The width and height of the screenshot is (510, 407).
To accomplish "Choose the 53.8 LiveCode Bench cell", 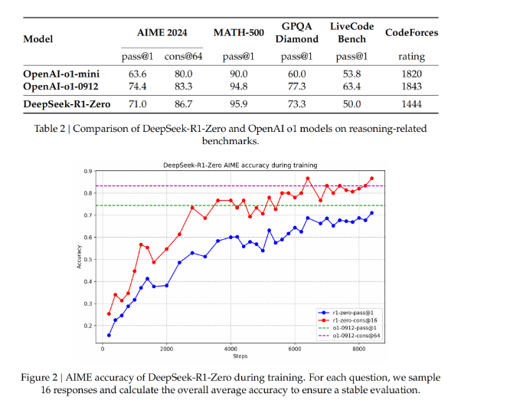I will point(351,74).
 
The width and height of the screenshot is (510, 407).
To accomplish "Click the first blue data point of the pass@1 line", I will point(109,335).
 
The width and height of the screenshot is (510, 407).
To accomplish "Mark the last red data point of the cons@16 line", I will point(371,179).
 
